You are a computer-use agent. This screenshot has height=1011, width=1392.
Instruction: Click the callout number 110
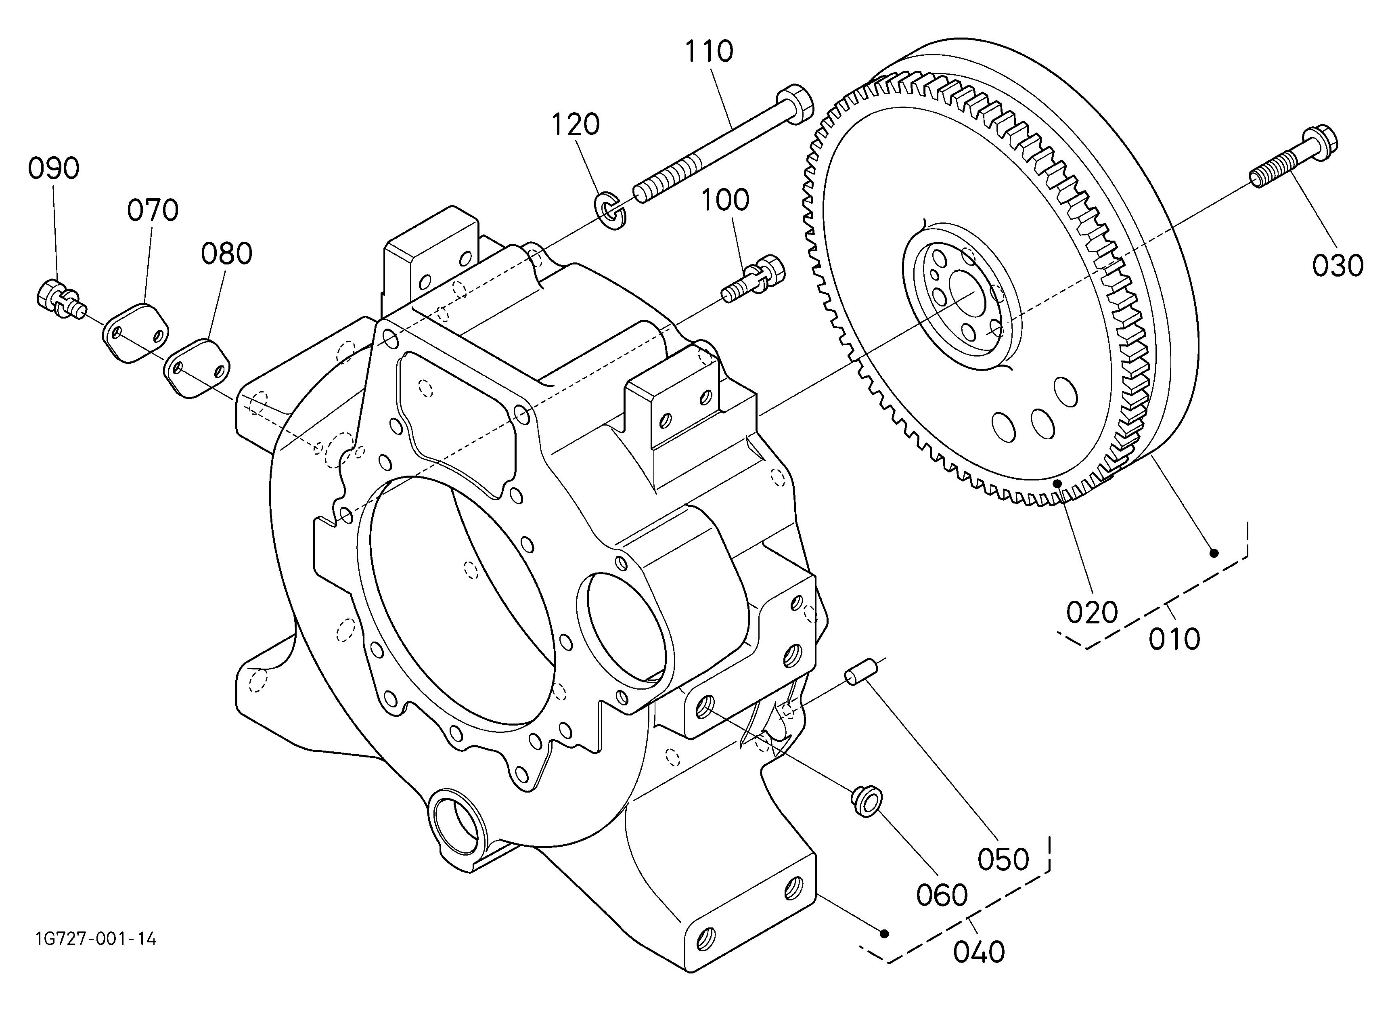click(709, 52)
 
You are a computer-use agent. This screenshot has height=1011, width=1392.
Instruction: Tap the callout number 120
click(575, 125)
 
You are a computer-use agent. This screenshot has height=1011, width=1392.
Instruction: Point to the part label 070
click(153, 210)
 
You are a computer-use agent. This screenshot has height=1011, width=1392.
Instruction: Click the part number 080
click(226, 254)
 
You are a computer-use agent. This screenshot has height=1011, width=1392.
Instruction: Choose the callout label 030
click(1338, 266)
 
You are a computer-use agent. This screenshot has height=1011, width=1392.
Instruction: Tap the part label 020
click(1092, 612)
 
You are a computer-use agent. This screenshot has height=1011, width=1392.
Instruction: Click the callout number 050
click(1003, 859)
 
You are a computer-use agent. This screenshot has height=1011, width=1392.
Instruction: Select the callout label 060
click(942, 896)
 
